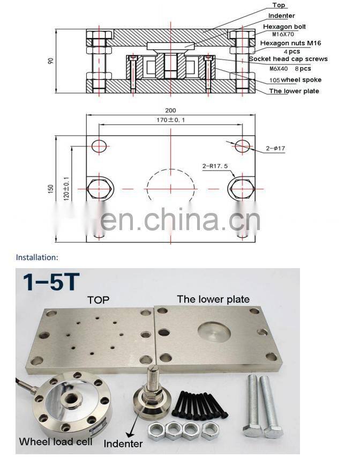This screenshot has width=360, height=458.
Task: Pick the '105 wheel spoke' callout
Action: [x=295, y=80]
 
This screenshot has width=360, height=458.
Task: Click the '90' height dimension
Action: [x=51, y=61]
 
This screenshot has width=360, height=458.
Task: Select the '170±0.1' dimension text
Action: [x=171, y=120]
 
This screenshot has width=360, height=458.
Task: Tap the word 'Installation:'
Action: [x=36, y=257]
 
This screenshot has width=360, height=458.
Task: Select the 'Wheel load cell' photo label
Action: [x=56, y=442]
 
